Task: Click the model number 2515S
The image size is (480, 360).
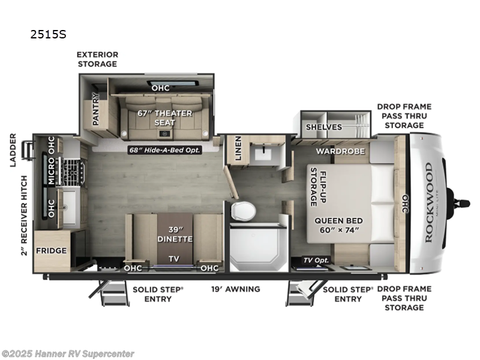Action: [x=49, y=34]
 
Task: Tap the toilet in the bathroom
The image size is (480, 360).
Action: [x=243, y=211]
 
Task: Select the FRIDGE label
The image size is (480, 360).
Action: [x=51, y=250]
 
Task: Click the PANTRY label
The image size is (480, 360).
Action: [x=95, y=109]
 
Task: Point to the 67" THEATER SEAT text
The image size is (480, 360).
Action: [x=165, y=118]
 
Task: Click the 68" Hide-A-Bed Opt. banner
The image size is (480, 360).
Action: [x=164, y=150]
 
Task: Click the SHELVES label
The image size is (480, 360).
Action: [x=323, y=127]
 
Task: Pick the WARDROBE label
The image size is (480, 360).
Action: [x=341, y=151]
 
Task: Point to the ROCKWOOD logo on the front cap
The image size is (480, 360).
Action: [x=428, y=202]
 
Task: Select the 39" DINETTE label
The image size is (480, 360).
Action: [x=175, y=235]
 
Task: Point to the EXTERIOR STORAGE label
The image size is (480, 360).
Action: [x=97, y=59]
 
